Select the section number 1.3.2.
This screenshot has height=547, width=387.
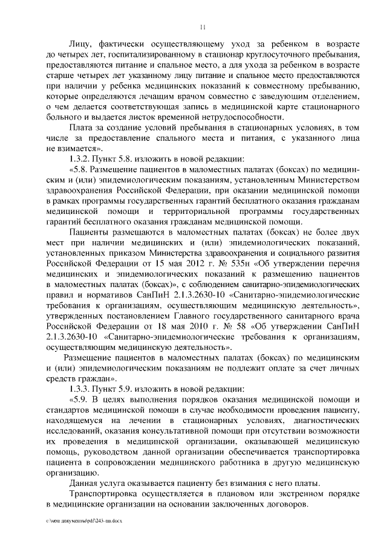coord(83,158)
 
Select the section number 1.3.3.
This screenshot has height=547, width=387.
coord(83,388)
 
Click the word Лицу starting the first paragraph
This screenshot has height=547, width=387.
coord(82,45)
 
